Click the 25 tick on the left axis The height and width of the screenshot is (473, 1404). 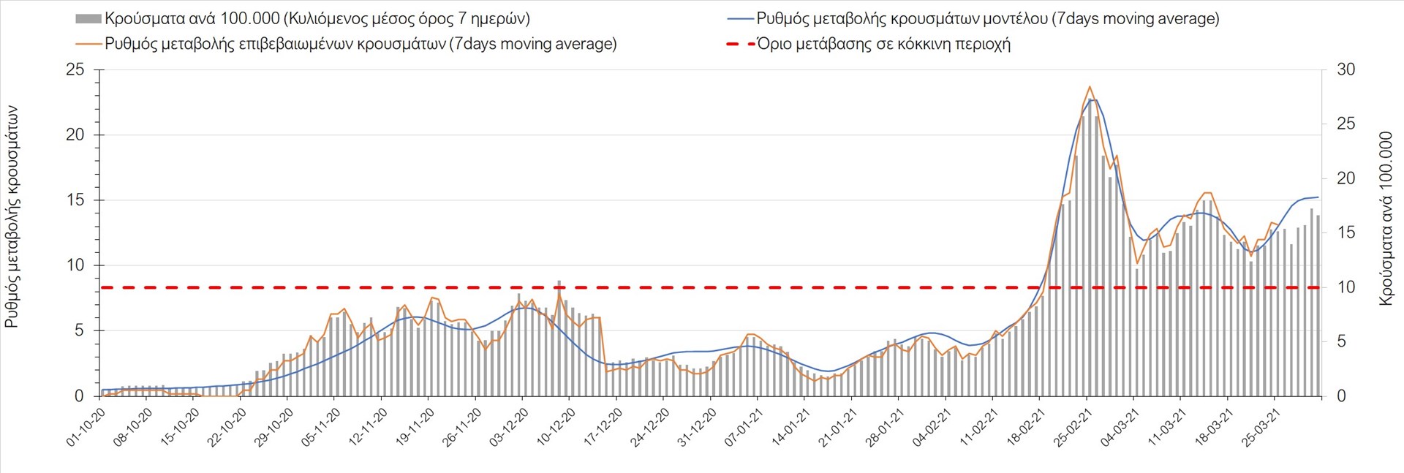75,70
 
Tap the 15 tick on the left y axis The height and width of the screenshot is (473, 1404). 75,200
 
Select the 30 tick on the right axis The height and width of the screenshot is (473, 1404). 1345,70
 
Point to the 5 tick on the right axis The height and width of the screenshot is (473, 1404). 1341,341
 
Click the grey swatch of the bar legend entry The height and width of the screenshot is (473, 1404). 88,19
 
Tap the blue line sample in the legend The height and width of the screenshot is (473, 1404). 739,19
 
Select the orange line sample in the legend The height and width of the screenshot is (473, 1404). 88,44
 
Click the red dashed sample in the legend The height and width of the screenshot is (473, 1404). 739,44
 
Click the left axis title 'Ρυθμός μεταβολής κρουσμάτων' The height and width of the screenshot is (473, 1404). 12,216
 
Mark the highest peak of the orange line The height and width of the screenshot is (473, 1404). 1090,86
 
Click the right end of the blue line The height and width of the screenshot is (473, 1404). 1318,197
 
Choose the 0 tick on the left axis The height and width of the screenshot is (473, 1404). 79,396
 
